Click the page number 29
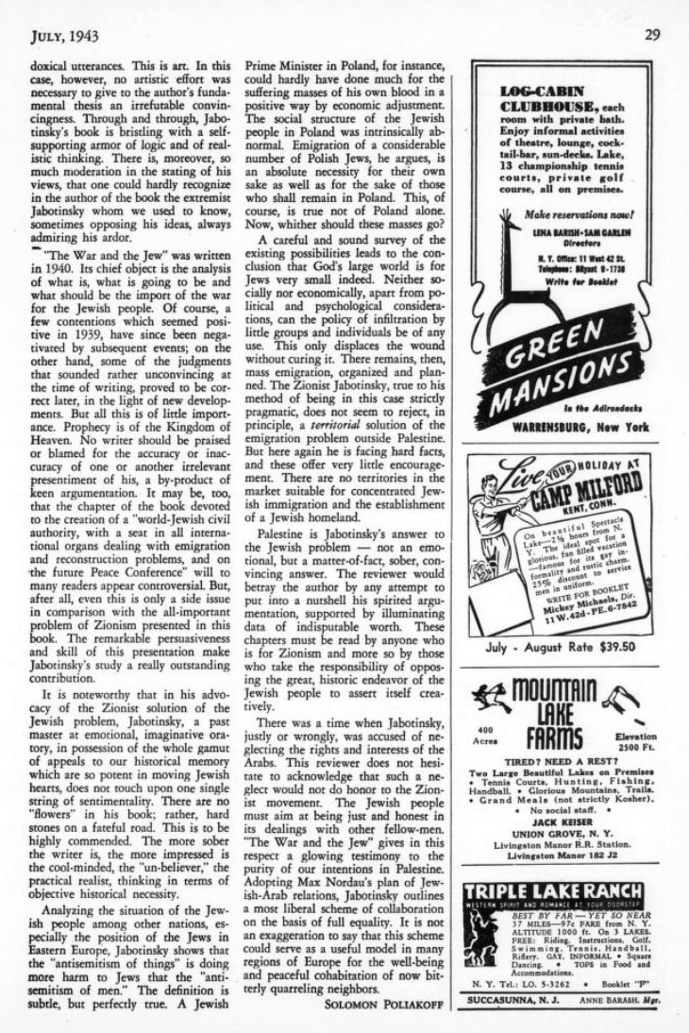651,35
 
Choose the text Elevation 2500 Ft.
634,742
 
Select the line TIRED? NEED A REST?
560,762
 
